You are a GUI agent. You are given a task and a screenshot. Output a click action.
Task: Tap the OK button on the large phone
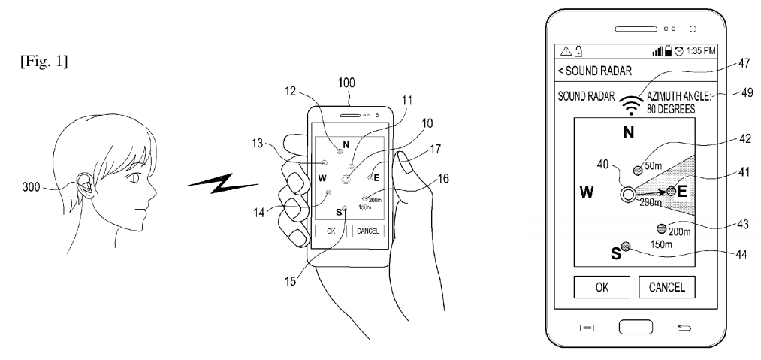point(599,286)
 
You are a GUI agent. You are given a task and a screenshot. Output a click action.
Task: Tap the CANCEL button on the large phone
point(667,286)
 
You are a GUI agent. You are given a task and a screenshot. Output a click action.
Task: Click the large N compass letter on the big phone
point(630,134)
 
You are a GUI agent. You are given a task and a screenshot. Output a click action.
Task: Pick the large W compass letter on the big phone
point(588,192)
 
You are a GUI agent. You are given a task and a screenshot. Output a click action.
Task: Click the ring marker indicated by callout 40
point(627,195)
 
